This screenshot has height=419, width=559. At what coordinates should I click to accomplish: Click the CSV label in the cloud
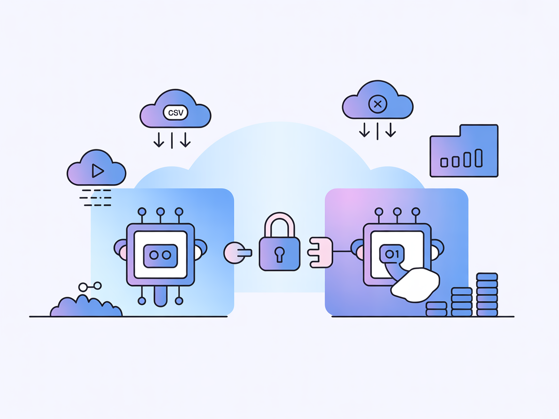coord(176,113)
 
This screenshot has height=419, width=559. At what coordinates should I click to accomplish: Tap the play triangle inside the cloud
coord(98,171)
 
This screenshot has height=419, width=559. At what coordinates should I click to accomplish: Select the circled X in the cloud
coord(377,104)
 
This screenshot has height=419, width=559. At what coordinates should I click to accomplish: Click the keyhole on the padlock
coord(279,254)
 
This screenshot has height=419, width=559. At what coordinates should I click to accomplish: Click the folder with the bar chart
coord(464,151)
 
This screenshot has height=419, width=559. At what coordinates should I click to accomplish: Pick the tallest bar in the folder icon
coord(478,158)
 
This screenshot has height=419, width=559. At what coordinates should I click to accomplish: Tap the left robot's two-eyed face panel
coord(160,255)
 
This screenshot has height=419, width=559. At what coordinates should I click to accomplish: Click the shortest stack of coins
coord(436,309)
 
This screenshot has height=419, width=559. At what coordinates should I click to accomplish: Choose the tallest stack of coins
coord(487,294)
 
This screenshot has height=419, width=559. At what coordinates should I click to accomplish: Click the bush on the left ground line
coord(86,306)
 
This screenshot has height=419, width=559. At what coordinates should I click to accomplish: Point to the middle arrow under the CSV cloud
coord(172,139)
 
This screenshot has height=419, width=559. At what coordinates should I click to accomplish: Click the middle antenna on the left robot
coord(161,212)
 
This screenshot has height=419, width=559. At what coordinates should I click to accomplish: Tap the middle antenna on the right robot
coord(397,212)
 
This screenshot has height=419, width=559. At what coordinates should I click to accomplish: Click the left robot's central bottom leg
coord(160,296)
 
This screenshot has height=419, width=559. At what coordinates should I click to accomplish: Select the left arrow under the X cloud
coord(364,129)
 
